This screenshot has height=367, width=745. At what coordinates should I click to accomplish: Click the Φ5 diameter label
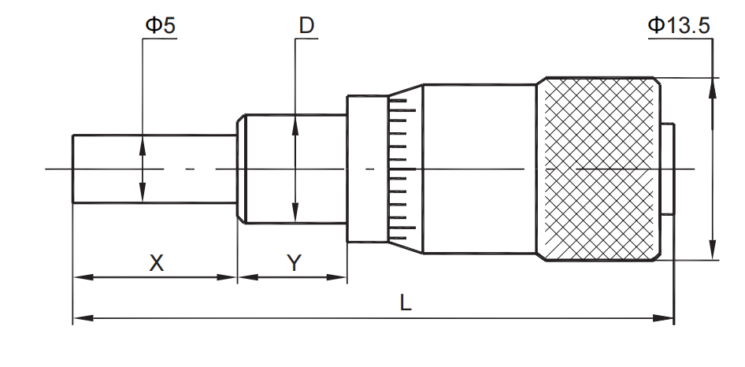(x=160, y=24)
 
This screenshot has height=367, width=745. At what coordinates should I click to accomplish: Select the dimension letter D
(x=306, y=25)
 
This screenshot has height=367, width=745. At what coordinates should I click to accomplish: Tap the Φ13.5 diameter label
(x=679, y=24)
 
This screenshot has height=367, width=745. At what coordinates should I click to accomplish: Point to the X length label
(x=157, y=263)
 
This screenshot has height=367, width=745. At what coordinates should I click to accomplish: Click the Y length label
(x=293, y=263)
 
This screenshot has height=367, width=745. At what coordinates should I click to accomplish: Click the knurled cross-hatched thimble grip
(x=599, y=169)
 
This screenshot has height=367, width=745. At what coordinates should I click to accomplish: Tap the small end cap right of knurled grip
(x=668, y=169)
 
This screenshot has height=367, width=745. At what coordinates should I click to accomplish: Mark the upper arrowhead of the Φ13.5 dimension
(x=712, y=84)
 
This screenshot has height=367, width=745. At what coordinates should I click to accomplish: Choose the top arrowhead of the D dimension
(x=295, y=121)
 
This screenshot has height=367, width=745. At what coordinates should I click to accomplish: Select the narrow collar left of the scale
(x=367, y=169)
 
